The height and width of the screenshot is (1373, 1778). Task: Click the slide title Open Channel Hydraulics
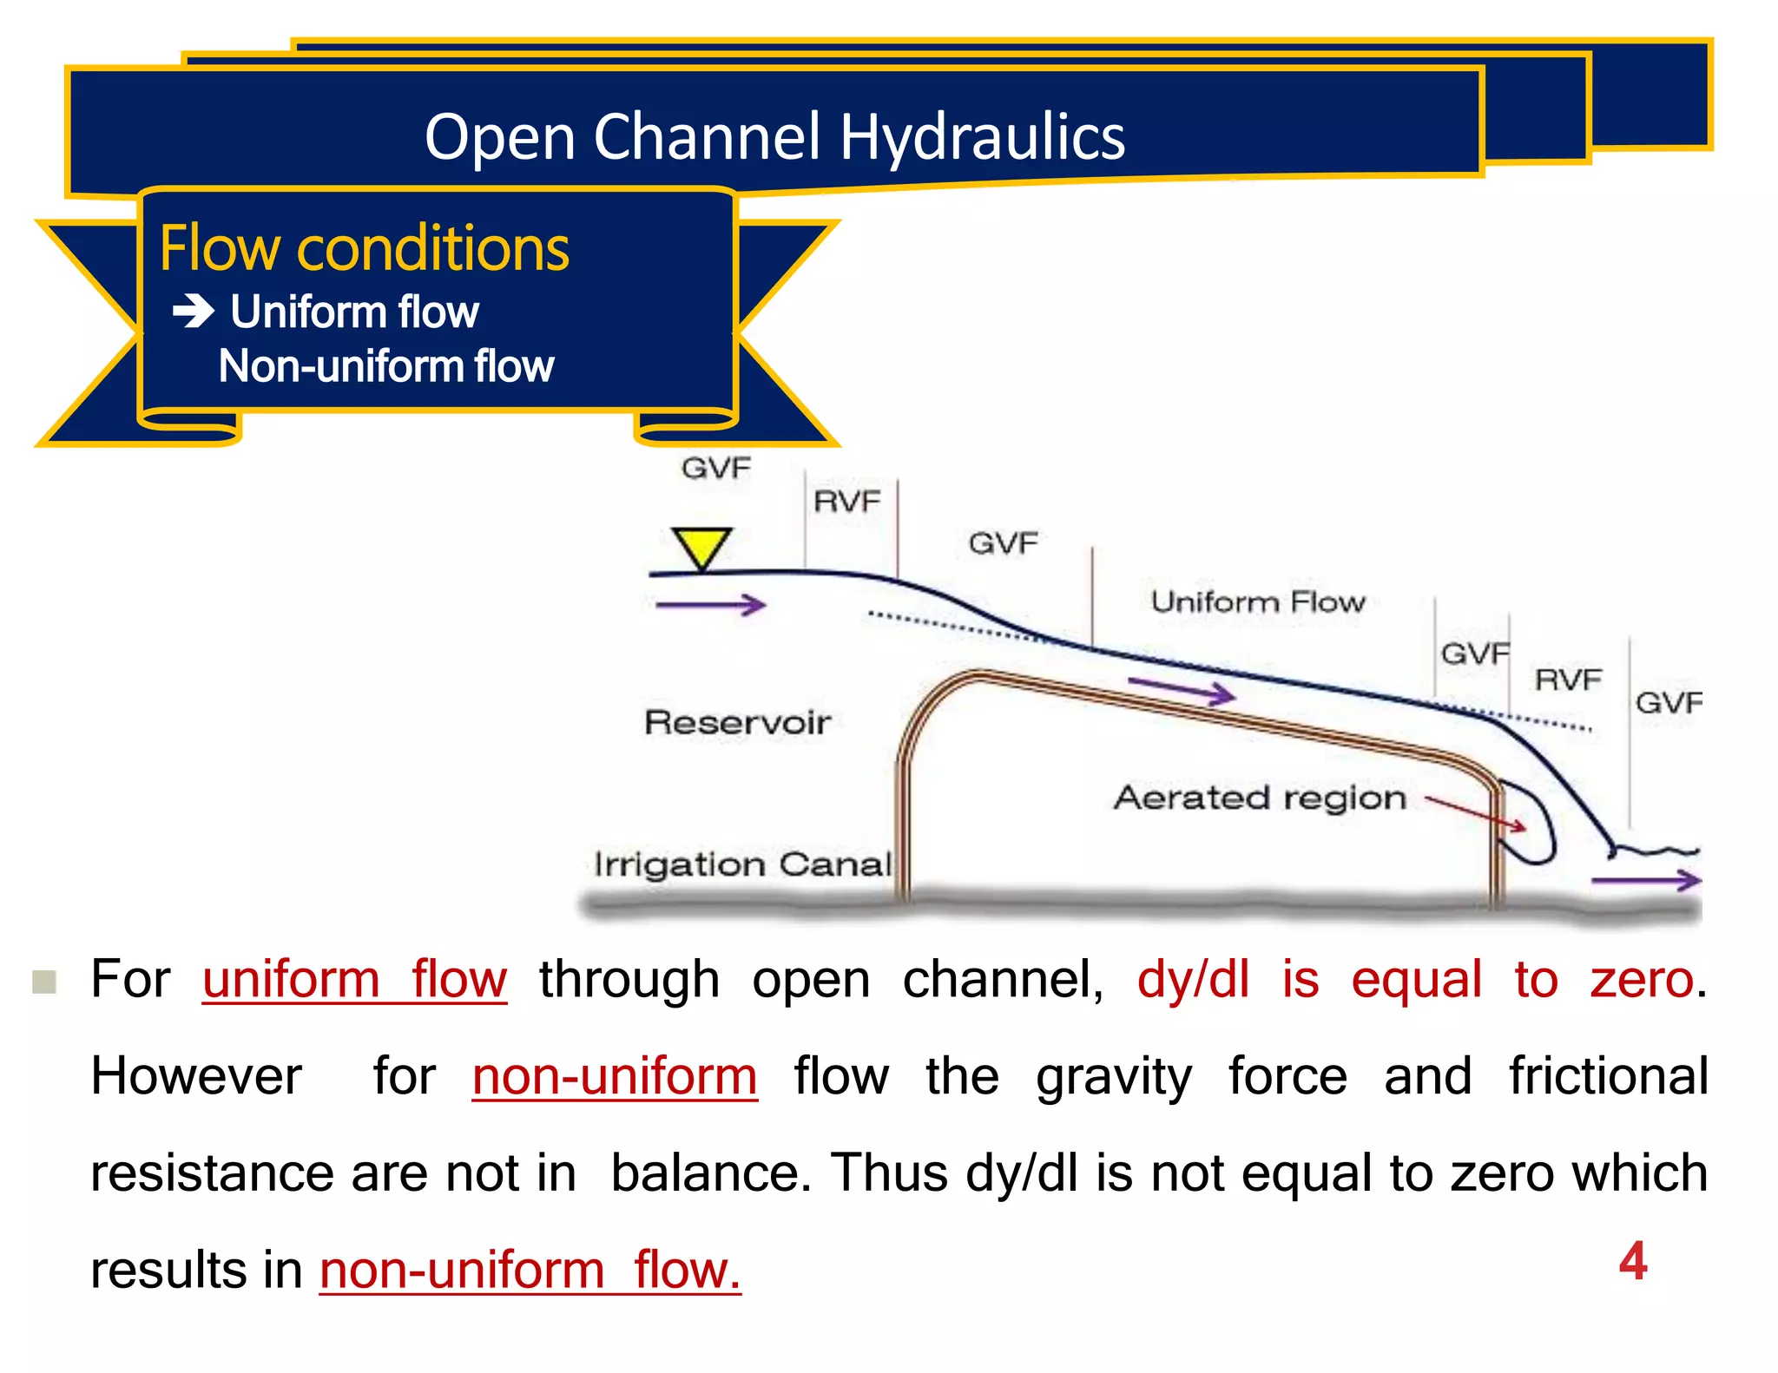774,137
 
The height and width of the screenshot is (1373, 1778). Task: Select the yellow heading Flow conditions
364,248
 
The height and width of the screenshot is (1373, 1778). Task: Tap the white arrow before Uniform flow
194,311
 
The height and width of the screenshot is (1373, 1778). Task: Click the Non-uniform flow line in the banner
385,365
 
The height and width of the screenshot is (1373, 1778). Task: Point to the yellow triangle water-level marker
701,548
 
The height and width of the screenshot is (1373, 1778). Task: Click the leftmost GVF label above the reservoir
715,469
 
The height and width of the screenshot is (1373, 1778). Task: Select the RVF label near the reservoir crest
846,502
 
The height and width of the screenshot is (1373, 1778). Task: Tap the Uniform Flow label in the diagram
1257,601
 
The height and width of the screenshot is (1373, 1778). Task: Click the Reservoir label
737,722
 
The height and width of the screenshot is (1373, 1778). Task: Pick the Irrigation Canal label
742,864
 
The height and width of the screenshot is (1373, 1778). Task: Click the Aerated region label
1260,797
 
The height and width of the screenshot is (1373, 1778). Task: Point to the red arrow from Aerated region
1476,813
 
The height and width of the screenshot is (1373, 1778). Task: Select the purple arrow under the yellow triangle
710,605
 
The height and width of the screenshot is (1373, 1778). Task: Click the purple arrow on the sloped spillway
1182,690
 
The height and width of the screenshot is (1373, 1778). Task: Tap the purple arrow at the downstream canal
1646,880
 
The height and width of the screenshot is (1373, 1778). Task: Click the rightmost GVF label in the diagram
1668,702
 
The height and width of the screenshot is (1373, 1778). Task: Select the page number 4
1632,1260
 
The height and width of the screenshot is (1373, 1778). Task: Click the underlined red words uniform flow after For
354,980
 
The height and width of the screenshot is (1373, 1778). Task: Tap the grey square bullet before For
44,982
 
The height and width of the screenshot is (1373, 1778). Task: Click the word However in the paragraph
196,1076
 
